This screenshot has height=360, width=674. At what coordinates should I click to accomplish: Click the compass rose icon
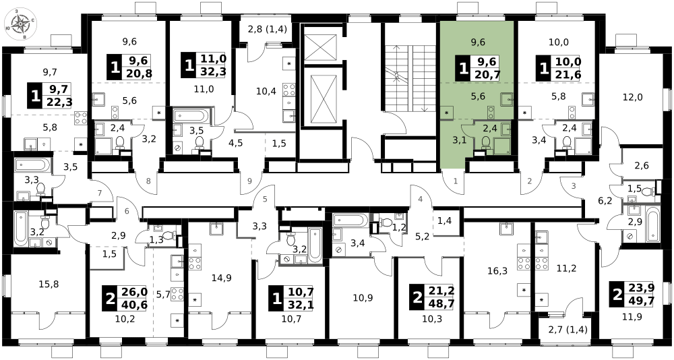point(20,24)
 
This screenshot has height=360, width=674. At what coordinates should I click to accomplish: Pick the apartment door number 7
point(100,193)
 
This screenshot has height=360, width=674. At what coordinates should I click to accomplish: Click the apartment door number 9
point(250,181)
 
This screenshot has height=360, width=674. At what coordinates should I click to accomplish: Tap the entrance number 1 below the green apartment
point(456,181)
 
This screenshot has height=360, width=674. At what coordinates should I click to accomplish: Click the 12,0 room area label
point(632,97)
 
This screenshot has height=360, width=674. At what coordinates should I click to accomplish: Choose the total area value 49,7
point(642,301)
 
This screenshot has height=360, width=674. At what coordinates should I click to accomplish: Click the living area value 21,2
point(441,292)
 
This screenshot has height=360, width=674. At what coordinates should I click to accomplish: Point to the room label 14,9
point(221,278)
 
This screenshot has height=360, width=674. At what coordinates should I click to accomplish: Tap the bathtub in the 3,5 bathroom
point(191,116)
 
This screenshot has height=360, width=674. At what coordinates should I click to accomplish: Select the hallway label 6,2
point(605,200)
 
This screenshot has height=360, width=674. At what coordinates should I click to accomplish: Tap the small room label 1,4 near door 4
point(444,222)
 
